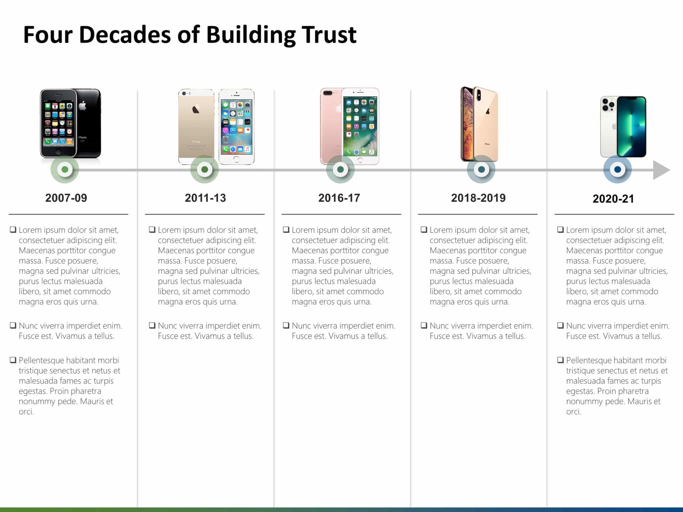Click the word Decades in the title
(125, 34)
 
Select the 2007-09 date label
(66, 198)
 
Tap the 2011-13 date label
(205, 198)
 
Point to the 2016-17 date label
(339, 198)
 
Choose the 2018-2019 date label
(478, 198)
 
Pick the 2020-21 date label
(613, 199)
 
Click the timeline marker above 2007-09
(65, 169)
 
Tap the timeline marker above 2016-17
(340, 169)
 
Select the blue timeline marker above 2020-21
(617, 169)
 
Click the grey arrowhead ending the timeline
(660, 170)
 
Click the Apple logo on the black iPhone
(83, 106)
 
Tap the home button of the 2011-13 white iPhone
(236, 159)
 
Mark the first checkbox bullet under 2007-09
(13, 230)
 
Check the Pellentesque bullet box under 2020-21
(561, 360)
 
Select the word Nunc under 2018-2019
(439, 326)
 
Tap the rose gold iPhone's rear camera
(328, 93)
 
